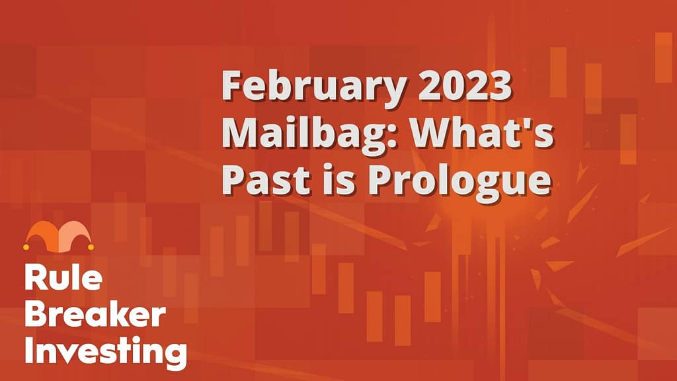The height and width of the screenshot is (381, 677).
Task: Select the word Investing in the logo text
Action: point(106,352)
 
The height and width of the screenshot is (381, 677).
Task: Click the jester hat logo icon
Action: point(59,236)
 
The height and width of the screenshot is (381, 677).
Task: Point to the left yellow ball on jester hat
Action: point(26,247)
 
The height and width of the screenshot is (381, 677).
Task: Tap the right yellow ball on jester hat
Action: point(91,247)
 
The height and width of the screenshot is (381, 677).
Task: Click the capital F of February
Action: point(232,85)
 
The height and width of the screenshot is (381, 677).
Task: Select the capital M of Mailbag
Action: point(240,134)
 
